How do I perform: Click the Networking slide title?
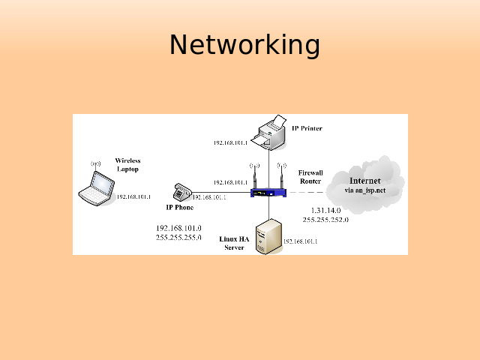(x=244, y=45)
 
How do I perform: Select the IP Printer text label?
(x=307, y=128)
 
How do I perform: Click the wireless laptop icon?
(x=97, y=187)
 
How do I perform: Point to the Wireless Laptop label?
(x=127, y=165)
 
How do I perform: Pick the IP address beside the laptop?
(x=133, y=196)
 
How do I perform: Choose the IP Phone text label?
(x=179, y=207)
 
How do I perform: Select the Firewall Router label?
(x=310, y=177)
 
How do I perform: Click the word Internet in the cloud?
(x=364, y=181)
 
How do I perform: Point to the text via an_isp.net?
(x=364, y=190)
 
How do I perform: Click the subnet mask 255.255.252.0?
(x=325, y=220)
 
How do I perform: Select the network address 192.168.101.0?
(x=178, y=228)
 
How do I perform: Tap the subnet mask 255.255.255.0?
(x=178, y=237)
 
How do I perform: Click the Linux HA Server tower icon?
(x=266, y=236)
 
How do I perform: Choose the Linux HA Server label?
(x=234, y=243)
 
